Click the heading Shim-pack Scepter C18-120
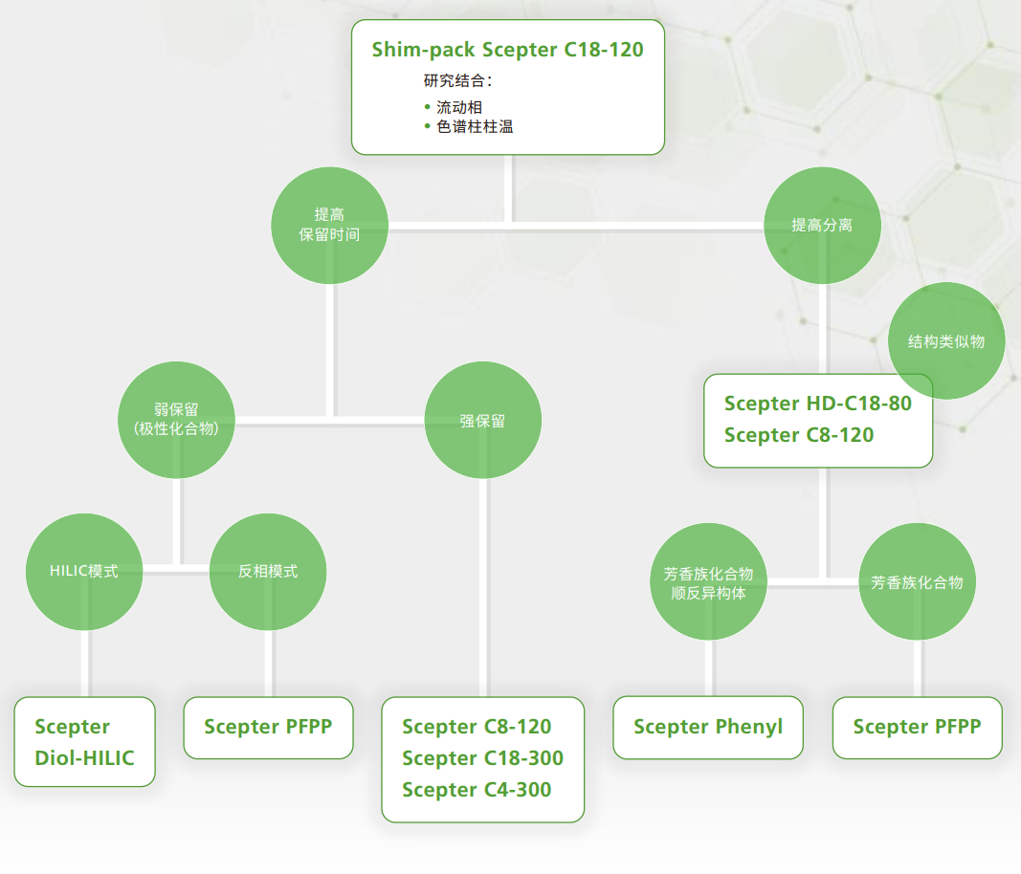pos(507,50)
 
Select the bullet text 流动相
pos(459,107)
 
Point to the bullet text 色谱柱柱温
pos(475,126)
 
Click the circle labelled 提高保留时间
pos(329,226)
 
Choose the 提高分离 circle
pos(822,226)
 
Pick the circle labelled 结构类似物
pos(946,341)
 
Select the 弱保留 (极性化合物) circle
pos(177,420)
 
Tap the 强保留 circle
pos(482,421)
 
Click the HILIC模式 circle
pos(84,572)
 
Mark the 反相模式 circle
pos(268,572)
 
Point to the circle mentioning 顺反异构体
pos(708,582)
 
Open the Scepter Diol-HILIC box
pos(84,742)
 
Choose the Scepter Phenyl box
pos(708,727)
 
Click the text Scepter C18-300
pos(482,758)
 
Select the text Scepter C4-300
pos(477,790)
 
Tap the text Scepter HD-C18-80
pos(818,404)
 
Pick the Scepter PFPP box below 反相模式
pos(268,727)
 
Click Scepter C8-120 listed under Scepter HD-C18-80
pos(799,435)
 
